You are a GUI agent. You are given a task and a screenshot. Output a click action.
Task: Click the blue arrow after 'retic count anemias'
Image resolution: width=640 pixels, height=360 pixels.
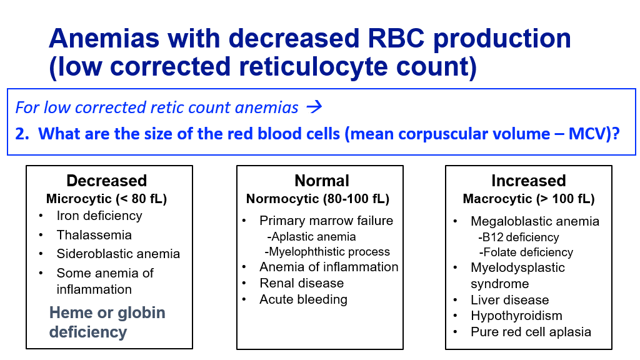[x=314, y=107]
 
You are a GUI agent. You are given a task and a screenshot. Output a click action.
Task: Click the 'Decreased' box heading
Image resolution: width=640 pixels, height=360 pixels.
[x=106, y=181]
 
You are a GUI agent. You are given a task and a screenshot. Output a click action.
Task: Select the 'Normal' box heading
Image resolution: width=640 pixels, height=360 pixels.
[x=322, y=181]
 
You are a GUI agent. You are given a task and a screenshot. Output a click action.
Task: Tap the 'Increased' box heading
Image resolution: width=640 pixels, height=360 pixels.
[x=529, y=181]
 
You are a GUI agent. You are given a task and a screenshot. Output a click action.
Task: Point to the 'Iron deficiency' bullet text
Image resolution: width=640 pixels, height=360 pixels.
[x=99, y=216]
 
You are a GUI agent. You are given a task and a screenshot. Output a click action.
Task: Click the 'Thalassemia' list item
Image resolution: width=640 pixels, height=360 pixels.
[x=94, y=235]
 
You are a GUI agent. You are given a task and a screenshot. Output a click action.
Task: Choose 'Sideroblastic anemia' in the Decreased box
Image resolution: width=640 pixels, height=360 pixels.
[x=118, y=254]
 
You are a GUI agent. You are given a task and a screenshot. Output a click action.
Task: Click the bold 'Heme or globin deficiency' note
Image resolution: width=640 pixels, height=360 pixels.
[x=107, y=322]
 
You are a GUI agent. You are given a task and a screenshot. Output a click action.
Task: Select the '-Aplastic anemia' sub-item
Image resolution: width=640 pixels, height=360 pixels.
[x=311, y=237]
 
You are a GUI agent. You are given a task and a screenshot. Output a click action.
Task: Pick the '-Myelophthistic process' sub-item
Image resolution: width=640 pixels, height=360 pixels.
[x=327, y=251]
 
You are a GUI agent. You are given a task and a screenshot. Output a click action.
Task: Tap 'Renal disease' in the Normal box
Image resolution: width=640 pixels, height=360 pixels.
[x=302, y=283]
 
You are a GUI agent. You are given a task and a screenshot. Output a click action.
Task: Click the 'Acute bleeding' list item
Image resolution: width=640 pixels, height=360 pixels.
[x=303, y=299]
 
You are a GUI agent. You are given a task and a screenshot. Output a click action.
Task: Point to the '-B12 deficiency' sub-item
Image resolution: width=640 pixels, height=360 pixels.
[x=519, y=237]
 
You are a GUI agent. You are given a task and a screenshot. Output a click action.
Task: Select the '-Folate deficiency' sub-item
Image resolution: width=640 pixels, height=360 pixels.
[x=526, y=252]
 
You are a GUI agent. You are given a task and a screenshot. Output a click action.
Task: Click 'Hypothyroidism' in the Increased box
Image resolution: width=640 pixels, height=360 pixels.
[x=516, y=316]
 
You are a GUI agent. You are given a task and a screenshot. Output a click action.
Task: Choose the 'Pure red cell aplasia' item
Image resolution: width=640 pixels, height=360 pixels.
[x=531, y=332]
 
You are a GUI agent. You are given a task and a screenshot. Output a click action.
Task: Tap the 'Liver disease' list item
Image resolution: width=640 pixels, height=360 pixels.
[x=510, y=299]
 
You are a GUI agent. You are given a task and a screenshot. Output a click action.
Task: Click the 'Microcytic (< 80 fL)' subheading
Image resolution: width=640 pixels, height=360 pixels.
[x=106, y=199]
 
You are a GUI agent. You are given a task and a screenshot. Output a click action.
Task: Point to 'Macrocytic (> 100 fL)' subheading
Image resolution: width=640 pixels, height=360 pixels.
[x=529, y=199]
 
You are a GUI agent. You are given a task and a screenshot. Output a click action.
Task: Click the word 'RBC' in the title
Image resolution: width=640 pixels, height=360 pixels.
[x=396, y=38]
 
